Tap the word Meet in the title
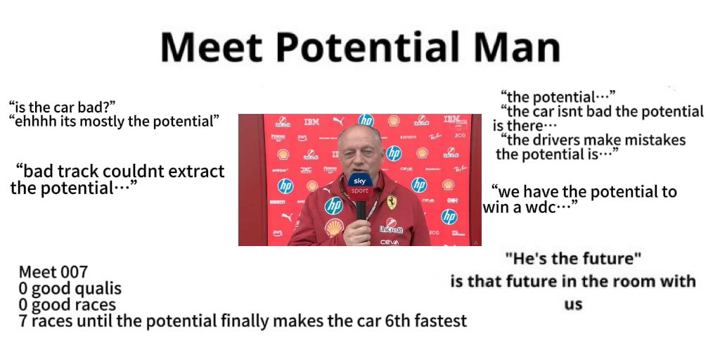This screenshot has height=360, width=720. pos(212,47)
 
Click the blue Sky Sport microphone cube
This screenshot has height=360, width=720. pos(360,186)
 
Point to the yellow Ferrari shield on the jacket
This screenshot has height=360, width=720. pos(391,202)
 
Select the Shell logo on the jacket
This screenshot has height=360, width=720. pos(334,227)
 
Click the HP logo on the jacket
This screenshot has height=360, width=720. pos(334,206)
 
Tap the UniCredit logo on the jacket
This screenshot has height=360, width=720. pos(391,226)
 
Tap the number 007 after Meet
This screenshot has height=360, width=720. pos(72,272)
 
